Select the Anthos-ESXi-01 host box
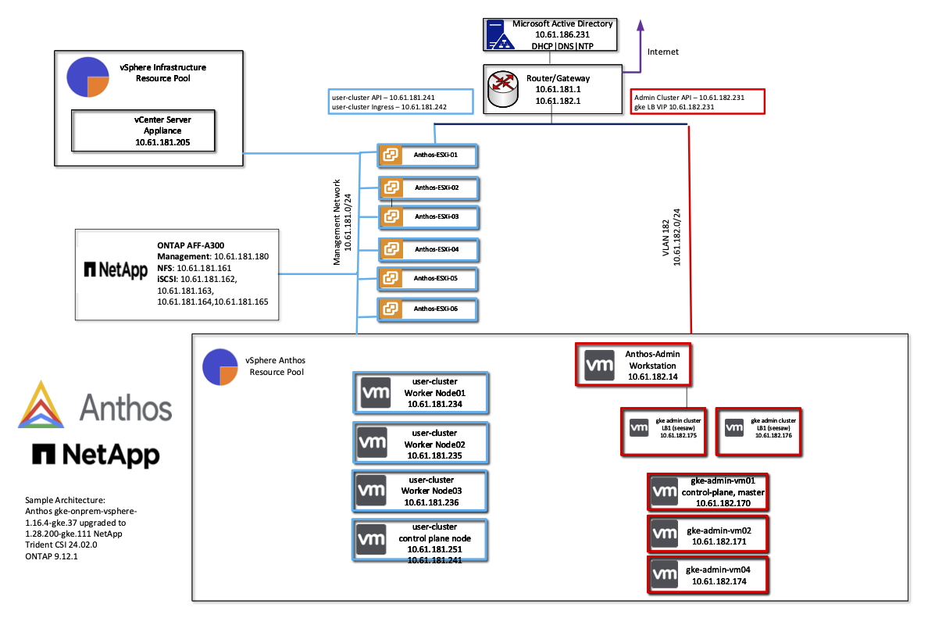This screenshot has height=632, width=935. [427, 155]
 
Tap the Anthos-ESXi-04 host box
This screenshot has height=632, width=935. [427, 249]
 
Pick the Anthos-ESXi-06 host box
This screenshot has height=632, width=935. [427, 309]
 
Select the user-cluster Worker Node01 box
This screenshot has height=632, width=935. [421, 392]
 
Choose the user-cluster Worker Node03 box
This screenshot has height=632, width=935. [421, 491]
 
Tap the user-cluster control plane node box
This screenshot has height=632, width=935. [421, 539]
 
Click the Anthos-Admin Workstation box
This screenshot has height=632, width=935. [632, 364]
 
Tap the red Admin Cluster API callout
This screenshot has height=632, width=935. [698, 102]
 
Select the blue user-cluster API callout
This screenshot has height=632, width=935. [401, 102]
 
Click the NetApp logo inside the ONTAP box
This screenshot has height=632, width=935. [116, 270]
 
